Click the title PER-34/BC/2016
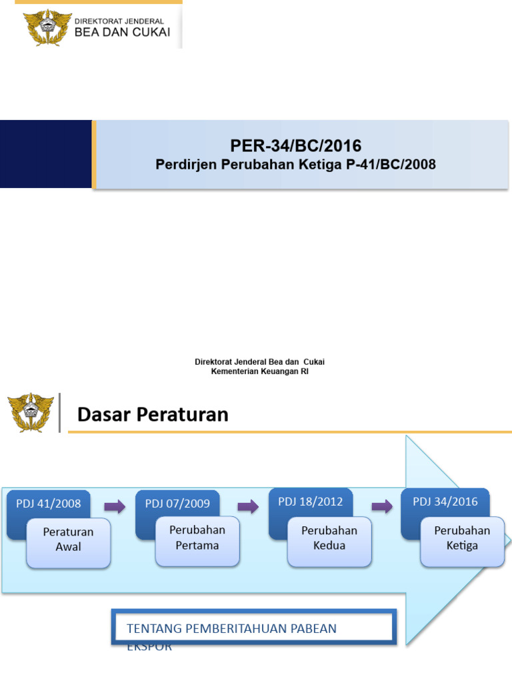click(x=295, y=145)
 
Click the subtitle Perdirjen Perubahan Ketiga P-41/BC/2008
click(x=295, y=164)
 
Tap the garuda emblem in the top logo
click(x=47, y=27)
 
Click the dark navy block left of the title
click(x=45, y=154)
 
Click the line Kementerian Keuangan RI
click(x=259, y=372)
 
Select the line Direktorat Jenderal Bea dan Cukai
click(x=259, y=362)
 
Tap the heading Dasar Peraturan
click(x=153, y=415)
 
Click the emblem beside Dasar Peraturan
click(x=30, y=413)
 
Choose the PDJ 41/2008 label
click(x=48, y=504)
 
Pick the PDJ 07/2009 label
click(x=177, y=504)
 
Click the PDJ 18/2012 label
click(x=310, y=502)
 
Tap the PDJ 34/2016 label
click(x=445, y=502)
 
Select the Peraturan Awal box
click(x=68, y=540)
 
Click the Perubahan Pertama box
click(x=197, y=538)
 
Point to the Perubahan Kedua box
click(x=329, y=538)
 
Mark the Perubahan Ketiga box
click(x=462, y=538)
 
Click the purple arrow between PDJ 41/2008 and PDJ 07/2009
click(x=114, y=507)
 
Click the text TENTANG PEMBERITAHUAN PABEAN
click(x=231, y=628)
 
